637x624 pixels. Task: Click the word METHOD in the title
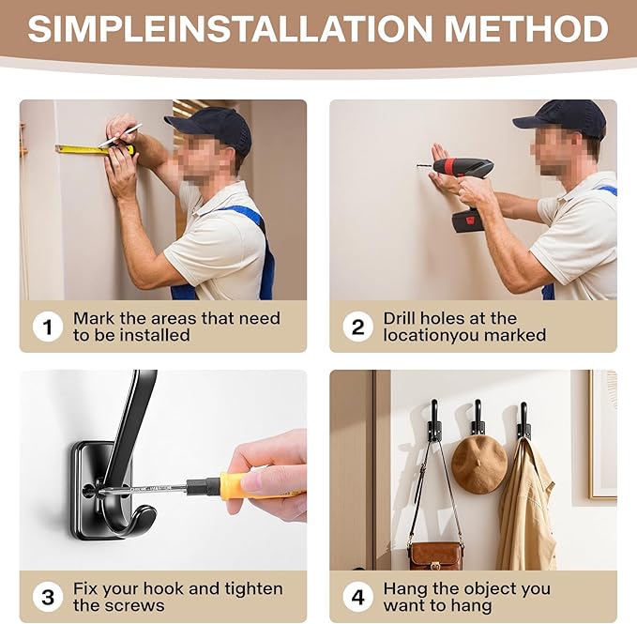[x=526, y=29]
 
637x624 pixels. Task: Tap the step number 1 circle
[x=48, y=327]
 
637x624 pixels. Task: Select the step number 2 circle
[x=357, y=327]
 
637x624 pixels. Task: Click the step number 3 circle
[x=48, y=597]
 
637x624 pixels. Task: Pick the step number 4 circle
[x=357, y=597]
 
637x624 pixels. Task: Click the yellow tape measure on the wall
[x=94, y=149]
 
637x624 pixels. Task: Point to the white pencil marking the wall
[x=120, y=135]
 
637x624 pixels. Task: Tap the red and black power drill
[x=461, y=190]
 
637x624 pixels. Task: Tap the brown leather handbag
[x=435, y=556]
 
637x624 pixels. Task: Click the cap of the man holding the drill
[x=561, y=118]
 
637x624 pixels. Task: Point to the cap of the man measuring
[x=211, y=128]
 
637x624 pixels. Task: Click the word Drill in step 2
[x=403, y=318]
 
